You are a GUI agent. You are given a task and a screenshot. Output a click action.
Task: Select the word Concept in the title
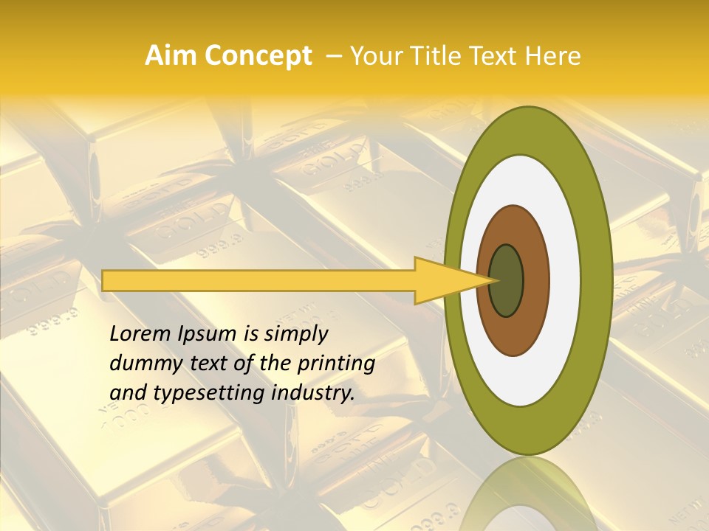258,56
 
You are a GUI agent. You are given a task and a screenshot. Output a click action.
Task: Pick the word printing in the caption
337,364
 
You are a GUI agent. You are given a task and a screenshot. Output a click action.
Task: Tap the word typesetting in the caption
196,393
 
